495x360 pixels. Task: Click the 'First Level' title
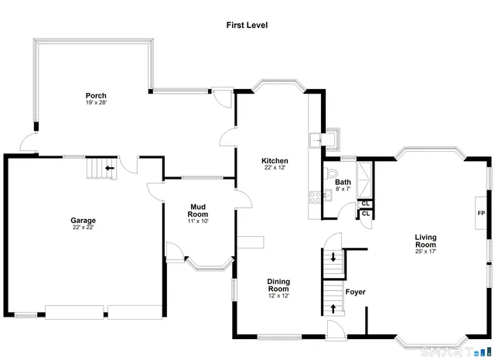247,25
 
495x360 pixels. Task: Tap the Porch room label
96,96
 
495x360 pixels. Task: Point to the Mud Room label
199,210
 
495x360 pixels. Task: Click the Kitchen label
275,160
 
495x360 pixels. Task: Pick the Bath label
343,183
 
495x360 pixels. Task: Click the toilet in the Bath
333,172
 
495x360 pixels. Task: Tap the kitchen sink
316,140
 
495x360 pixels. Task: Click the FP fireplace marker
480,214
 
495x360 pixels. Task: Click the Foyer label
355,292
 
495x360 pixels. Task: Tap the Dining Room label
278,285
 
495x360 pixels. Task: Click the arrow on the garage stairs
109,166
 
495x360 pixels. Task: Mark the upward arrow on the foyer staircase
333,309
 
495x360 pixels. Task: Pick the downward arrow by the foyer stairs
333,257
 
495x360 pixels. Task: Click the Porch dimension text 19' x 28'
96,103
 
